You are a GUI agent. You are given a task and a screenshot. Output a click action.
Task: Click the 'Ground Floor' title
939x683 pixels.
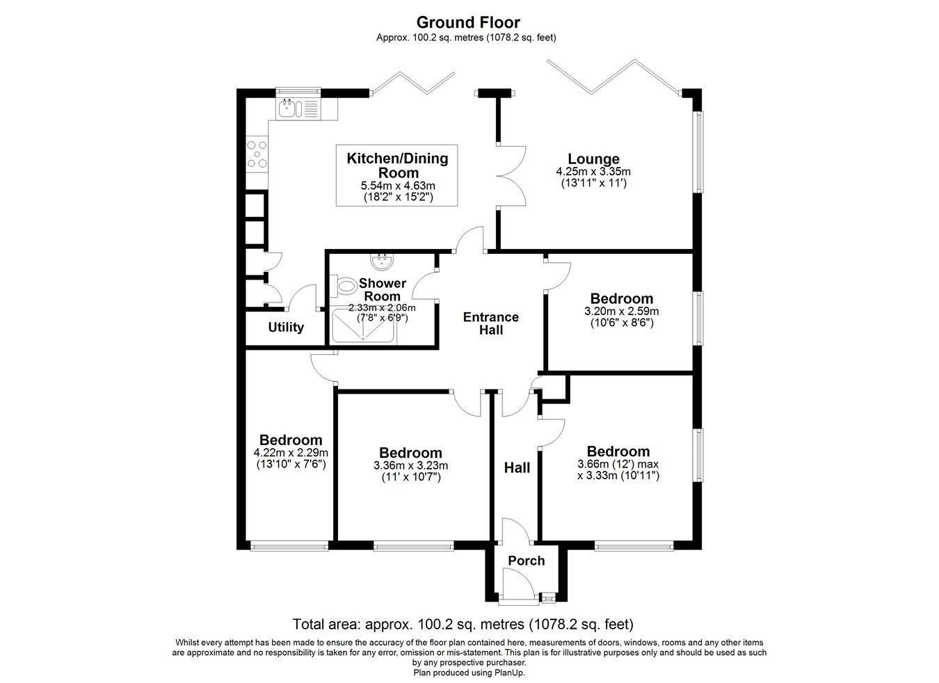tap(467, 23)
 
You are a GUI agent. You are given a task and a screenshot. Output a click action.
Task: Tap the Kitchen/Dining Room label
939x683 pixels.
tap(397, 166)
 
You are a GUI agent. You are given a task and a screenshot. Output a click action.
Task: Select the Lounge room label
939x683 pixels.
tap(593, 159)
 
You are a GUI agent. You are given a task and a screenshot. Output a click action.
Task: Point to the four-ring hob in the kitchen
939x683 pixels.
tap(257, 155)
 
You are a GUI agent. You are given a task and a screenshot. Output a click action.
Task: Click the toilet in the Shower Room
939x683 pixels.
tap(344, 286)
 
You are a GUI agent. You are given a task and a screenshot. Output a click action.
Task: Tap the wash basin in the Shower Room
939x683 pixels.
tap(381, 262)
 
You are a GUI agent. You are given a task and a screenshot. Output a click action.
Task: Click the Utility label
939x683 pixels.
tap(286, 327)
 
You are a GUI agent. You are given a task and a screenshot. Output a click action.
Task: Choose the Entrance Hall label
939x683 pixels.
tap(491, 323)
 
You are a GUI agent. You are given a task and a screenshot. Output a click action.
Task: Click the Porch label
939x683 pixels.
tap(526, 561)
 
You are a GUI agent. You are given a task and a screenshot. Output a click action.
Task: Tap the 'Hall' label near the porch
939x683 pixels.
tap(517, 468)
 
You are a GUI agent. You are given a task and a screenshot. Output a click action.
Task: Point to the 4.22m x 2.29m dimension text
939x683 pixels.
tap(290, 453)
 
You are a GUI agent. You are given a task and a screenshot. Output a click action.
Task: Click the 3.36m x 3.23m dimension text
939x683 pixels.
tap(410, 466)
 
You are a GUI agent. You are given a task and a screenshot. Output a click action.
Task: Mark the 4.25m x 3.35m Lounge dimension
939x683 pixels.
tap(593, 172)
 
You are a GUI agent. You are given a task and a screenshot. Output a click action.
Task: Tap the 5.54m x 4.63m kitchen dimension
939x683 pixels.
tap(397, 186)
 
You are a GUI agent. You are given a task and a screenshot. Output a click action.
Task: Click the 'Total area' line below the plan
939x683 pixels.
tap(463, 623)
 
